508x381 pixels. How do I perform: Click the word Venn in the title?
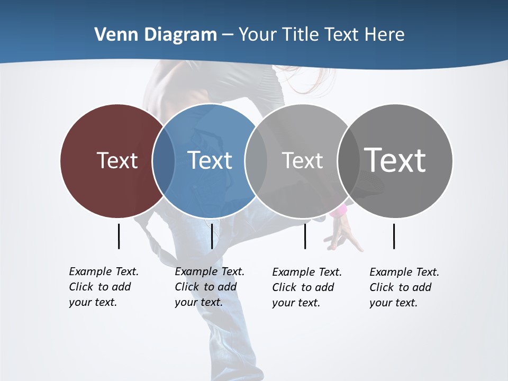tap(110, 35)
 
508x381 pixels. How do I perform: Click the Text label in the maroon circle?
tap(117, 160)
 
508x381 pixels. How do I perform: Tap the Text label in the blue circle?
tap(210, 160)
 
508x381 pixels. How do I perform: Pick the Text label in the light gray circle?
tap(302, 160)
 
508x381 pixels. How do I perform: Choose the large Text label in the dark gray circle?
tap(395, 160)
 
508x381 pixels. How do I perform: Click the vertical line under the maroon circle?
tap(119, 236)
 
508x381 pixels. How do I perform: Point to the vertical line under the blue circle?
tap(212, 236)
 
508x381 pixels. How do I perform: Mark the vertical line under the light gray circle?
tap(305, 236)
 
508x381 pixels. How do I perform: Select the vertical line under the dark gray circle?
tap(394, 236)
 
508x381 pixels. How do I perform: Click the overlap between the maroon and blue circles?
tap(164, 160)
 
